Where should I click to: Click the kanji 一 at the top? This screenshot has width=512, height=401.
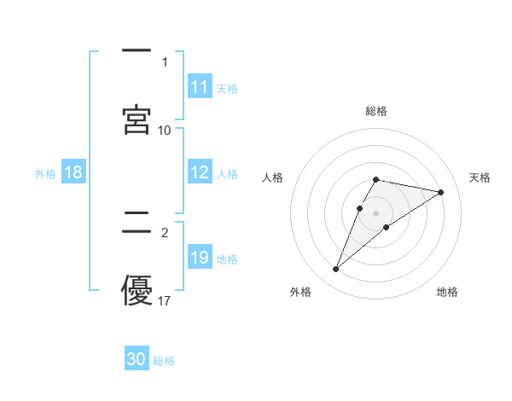point(137,52)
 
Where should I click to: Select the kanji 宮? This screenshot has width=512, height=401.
point(137,119)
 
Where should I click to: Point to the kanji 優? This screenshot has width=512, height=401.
point(137,293)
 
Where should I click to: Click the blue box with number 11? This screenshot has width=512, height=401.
point(200,87)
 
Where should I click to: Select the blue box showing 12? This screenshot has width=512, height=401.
point(200,172)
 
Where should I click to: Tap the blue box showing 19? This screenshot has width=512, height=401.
point(200,258)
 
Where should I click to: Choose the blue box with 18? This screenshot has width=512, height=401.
point(73,172)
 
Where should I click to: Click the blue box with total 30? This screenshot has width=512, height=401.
point(137,359)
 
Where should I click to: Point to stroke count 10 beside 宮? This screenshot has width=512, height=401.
point(165,130)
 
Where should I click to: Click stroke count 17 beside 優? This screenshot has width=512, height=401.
point(165,300)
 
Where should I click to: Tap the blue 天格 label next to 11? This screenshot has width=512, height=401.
point(227,88)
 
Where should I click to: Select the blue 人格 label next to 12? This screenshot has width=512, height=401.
point(227,173)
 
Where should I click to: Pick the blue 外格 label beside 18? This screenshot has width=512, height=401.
point(45,173)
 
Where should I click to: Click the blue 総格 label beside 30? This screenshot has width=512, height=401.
point(164,360)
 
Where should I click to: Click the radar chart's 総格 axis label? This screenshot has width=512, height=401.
point(376,111)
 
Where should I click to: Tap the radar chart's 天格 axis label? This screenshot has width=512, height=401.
point(480,177)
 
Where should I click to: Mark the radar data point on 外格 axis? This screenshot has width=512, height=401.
point(336,270)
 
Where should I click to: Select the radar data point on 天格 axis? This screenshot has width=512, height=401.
point(441,192)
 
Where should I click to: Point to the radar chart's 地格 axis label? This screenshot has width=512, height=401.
point(447,292)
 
